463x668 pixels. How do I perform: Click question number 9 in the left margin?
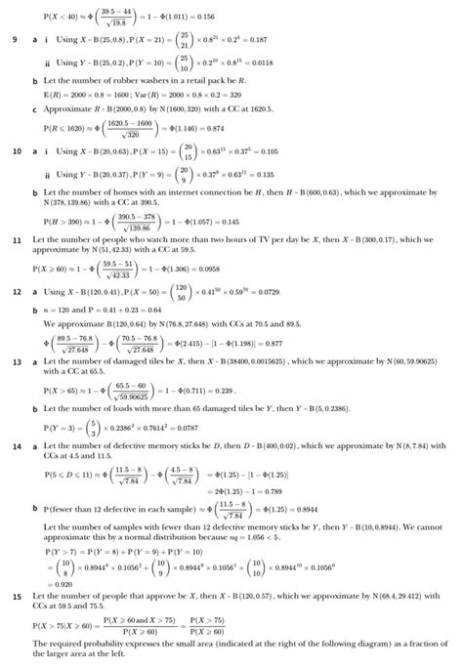point(14,40)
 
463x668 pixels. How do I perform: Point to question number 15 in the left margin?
point(16,595)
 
